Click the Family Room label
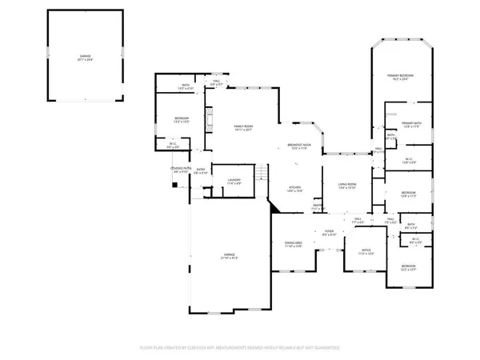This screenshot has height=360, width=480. (x=238, y=127)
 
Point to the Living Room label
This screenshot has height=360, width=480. (x=346, y=186)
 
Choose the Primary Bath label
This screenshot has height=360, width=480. (x=412, y=124)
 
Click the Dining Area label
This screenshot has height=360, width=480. (x=294, y=243)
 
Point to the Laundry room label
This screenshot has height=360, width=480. (x=234, y=181)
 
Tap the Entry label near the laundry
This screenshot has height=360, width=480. (x=201, y=170)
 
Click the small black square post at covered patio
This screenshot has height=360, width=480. (x=174, y=185)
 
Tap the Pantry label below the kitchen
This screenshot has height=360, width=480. (x=318, y=206)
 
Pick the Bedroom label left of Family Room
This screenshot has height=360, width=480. (x=181, y=120)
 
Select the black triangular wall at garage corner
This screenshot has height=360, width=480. (x=274, y=206)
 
